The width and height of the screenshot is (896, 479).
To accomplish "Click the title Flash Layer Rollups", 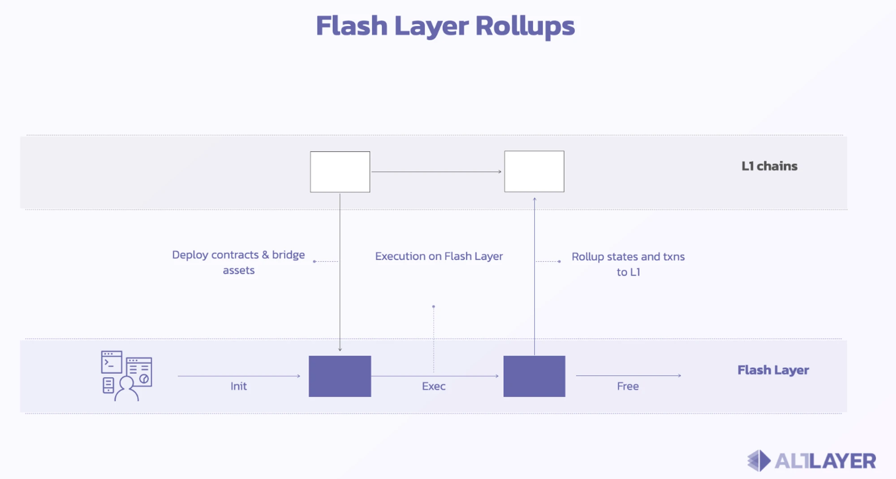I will point(445,26).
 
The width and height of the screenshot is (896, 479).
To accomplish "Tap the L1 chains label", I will point(769,166).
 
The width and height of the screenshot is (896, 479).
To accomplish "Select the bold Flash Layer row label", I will point(773,370).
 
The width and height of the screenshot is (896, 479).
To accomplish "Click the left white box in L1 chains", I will point(340,172).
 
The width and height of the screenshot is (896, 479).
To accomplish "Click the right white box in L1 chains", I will point(534,171).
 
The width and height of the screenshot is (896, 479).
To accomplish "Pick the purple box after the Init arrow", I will point(340,376).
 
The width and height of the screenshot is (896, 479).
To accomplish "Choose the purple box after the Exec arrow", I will point(534,376).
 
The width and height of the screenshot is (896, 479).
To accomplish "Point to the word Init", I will point(238,386).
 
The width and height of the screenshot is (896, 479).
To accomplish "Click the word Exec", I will point(433,386).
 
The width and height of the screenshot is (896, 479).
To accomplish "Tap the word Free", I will point(628,386).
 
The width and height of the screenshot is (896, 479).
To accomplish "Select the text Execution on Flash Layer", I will point(439,257).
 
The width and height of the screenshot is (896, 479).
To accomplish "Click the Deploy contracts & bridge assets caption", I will point(238,262).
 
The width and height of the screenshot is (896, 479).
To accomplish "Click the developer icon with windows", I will point(126,376).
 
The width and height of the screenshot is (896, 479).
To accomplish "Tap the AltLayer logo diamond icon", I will point(759,461).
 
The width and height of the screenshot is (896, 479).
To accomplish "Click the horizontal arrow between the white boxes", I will point(436,171).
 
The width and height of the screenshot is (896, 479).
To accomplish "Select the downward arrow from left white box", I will point(340,273).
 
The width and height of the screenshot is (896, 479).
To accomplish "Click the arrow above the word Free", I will point(628,376).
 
